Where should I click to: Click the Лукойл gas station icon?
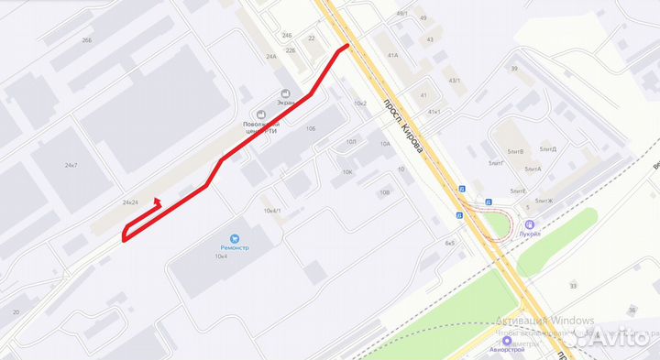(528, 224)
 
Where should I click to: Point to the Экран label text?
(285, 104)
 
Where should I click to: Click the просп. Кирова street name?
(403, 125)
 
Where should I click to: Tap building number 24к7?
(71, 165)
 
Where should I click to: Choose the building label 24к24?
(130, 202)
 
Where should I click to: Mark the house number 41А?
(392, 56)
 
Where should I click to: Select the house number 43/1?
(453, 80)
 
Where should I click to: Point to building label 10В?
(384, 192)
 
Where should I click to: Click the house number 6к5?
(449, 243)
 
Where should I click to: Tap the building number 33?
(573, 287)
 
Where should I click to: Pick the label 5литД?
(548, 148)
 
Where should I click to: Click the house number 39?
(514, 69)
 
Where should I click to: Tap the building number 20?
(16, 312)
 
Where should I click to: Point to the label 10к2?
(359, 104)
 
